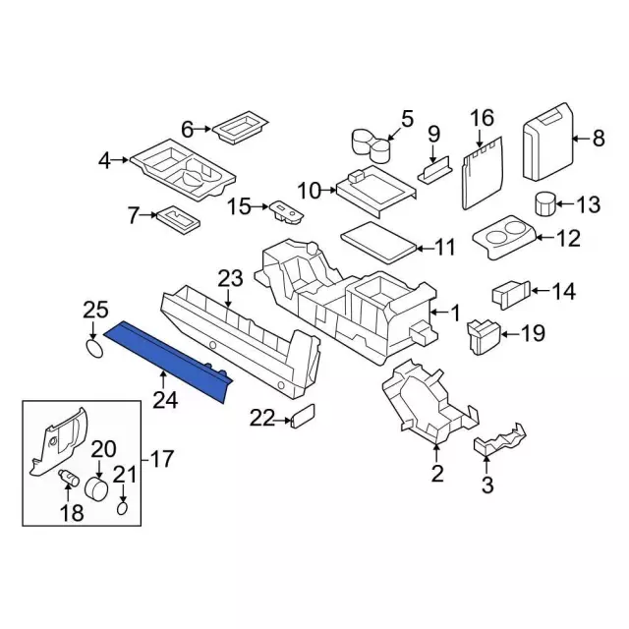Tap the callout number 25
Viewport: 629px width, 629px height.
tap(95, 311)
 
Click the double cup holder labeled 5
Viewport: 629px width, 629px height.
tap(372, 145)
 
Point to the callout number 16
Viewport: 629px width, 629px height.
tap(483, 118)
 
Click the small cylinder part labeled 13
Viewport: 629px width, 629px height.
tap(545, 203)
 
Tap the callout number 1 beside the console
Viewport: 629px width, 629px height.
tap(454, 313)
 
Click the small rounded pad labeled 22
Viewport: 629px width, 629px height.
tap(303, 417)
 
